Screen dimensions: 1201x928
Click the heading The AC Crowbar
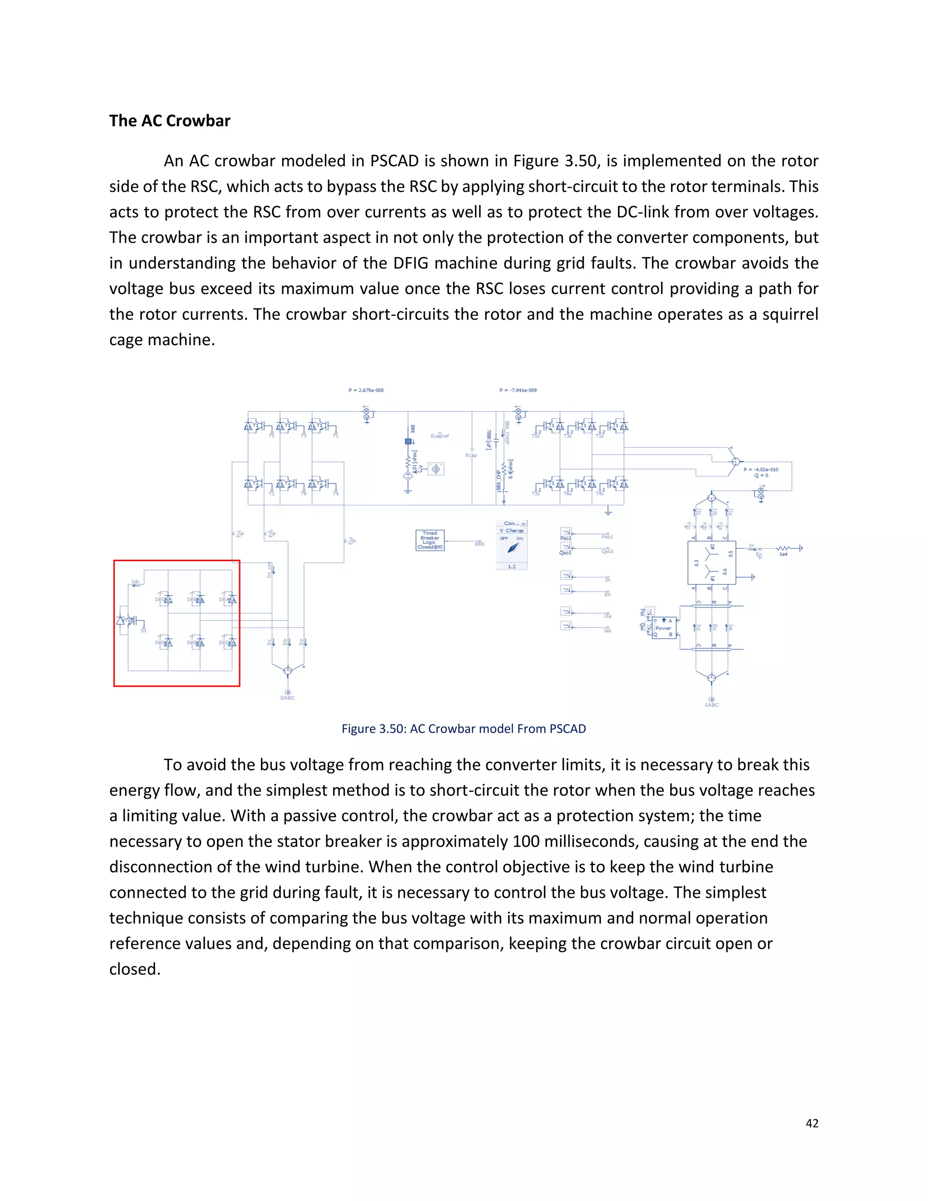tap(169, 121)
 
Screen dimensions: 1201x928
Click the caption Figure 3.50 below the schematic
tap(464, 729)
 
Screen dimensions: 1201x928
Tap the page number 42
tap(812, 1124)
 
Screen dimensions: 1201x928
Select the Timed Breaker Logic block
tap(430, 540)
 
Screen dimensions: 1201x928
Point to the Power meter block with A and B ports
tap(663, 627)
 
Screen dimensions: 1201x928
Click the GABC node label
tap(288, 698)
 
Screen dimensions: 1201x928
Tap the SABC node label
tap(711, 705)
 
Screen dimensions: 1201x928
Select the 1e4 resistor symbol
tap(783, 548)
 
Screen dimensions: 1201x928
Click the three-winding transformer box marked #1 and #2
tap(711, 562)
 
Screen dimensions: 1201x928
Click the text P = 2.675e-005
tap(366, 390)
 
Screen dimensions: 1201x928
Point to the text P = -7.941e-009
tap(518, 390)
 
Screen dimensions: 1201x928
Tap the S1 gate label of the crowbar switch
tap(144, 630)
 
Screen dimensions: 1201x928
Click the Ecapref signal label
tap(440, 436)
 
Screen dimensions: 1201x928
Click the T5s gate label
tap(536, 436)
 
